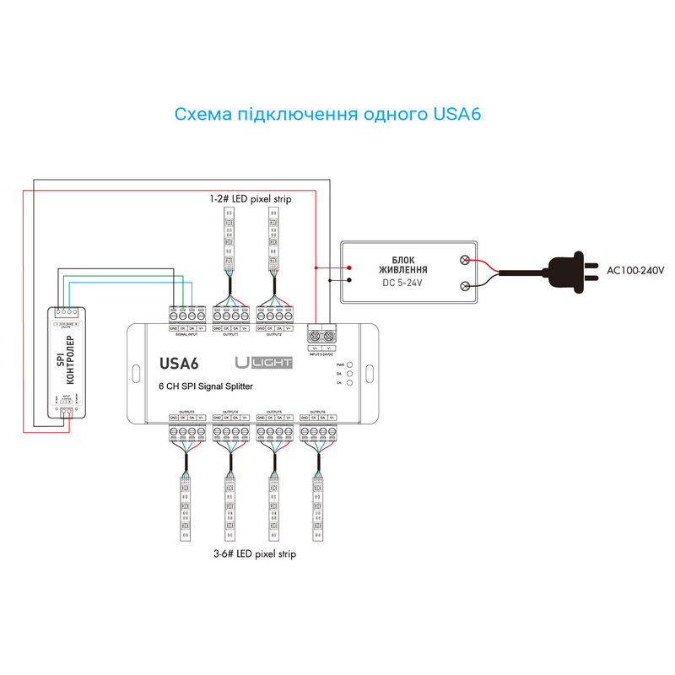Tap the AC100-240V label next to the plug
point(635,271)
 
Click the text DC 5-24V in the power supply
point(401,283)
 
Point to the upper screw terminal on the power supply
point(465,261)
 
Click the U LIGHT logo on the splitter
point(263,363)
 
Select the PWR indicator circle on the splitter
point(348,365)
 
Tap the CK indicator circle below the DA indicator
point(348,382)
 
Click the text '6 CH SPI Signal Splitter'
point(206,386)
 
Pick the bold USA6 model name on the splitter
point(179,364)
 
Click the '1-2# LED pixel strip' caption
point(251,199)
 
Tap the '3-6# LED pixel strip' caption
point(255,555)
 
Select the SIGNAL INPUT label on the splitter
point(186,335)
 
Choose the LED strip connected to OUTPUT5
point(274,506)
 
